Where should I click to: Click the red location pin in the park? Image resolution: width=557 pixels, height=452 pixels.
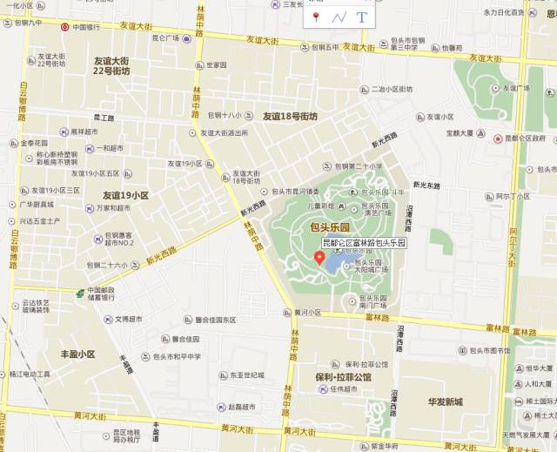(319, 257)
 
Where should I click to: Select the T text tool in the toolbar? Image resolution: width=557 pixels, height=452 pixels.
(361, 17)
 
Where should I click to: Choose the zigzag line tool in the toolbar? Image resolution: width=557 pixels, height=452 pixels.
(339, 17)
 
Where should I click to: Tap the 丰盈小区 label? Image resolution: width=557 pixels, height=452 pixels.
(77, 354)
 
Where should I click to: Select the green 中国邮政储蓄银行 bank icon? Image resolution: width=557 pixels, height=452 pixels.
(79, 292)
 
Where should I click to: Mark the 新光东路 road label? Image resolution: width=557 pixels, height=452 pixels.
(428, 185)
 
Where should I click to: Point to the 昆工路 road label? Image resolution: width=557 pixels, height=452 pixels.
(104, 118)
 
